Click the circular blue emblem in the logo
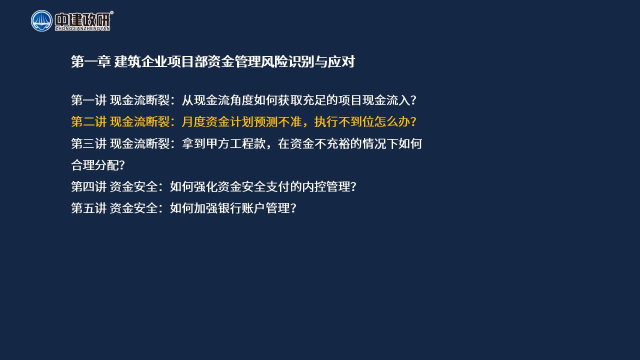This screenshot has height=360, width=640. tap(41, 21)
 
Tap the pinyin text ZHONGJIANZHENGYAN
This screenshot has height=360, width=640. tap(82, 28)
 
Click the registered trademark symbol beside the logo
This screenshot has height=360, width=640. tap(111, 12)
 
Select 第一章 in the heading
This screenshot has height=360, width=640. tap(91, 61)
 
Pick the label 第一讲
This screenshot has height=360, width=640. tap(89, 100)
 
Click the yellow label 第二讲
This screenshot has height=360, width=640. tap(89, 121)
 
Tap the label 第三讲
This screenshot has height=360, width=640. tap(89, 143)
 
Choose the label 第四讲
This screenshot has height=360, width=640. tap(89, 186)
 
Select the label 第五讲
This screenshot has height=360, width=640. tap(89, 208)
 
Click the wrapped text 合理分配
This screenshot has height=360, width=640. tap(95, 165)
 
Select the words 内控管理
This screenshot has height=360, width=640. tap(326, 186)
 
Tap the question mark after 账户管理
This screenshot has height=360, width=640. tap(293, 208)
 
